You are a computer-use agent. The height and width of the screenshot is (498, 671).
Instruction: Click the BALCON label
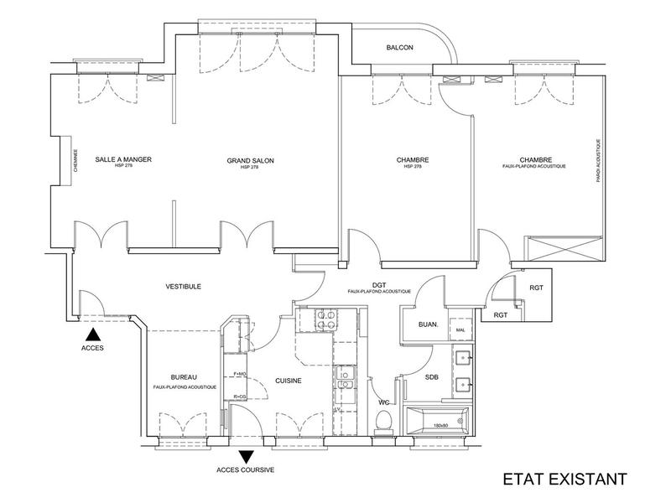pos(399,48)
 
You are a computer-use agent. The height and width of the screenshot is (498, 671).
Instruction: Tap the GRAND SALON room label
pos(251,160)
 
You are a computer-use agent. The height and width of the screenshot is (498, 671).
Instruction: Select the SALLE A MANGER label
pos(123,159)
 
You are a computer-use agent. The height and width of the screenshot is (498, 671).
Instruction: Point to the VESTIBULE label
pos(183,286)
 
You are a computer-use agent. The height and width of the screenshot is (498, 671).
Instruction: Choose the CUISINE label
pos(289,381)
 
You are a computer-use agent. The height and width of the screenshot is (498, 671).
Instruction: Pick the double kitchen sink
pos(344,381)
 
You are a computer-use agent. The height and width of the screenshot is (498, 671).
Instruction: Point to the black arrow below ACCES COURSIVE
pos(246,457)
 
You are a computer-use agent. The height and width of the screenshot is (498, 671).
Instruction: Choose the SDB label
pos(432,377)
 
